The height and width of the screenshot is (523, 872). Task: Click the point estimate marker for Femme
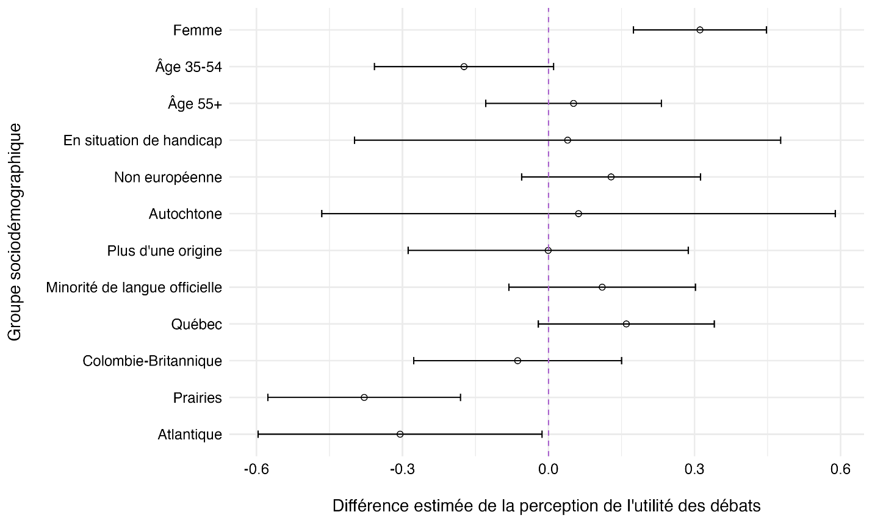pos(700,30)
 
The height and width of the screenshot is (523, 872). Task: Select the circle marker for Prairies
pos(364,397)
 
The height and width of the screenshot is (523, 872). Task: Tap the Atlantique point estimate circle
pos(400,434)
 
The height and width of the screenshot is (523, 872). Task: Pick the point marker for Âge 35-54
pos(464,67)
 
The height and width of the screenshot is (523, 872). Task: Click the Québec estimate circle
pos(626,323)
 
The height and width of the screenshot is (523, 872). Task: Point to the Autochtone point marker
pos(578,214)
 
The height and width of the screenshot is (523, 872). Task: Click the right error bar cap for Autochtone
pos(835,214)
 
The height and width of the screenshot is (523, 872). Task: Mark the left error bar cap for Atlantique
pos(258,434)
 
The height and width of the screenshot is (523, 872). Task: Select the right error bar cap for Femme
pos(766,30)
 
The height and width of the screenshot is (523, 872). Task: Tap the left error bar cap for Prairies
pos(268,397)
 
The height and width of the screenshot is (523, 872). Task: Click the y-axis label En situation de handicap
pos(143,141)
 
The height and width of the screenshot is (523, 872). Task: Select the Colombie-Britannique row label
pos(152,361)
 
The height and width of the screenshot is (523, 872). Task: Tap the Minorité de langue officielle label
pos(134,287)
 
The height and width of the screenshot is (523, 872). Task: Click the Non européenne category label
pos(168,178)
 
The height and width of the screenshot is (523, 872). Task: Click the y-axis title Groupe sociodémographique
pos(15,232)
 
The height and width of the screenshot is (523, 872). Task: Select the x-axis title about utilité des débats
pos(546,506)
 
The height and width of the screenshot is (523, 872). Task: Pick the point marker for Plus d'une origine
pos(548,250)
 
